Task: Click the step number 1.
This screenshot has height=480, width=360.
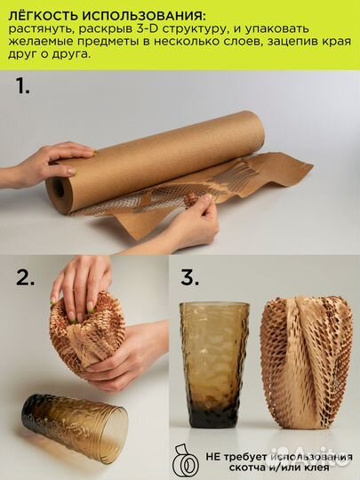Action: [22, 85]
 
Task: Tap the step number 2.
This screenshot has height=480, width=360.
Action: [25, 278]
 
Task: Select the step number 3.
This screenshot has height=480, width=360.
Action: [190, 278]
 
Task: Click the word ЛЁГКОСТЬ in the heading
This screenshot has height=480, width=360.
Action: [44, 15]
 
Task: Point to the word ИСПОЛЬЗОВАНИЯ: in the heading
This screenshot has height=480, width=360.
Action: [143, 16]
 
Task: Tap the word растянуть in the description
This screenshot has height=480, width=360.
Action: [41, 29]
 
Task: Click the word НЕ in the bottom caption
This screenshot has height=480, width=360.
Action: [212, 458]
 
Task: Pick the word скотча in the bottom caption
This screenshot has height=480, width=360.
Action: [244, 468]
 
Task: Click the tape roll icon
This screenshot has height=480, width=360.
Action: [186, 460]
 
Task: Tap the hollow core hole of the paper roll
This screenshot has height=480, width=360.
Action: [60, 188]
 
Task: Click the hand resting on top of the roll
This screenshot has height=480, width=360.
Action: [46, 163]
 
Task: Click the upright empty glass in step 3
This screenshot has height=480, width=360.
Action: [214, 365]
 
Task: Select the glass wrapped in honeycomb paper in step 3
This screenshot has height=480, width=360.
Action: [307, 363]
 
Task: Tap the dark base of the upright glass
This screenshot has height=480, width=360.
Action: [213, 417]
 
